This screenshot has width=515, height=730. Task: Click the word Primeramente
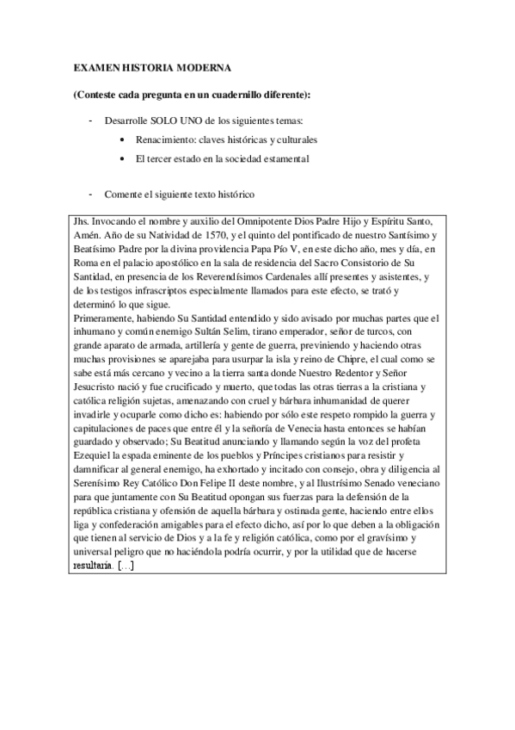pos(103,319)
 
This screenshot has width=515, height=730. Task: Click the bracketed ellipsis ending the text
pos(126,566)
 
